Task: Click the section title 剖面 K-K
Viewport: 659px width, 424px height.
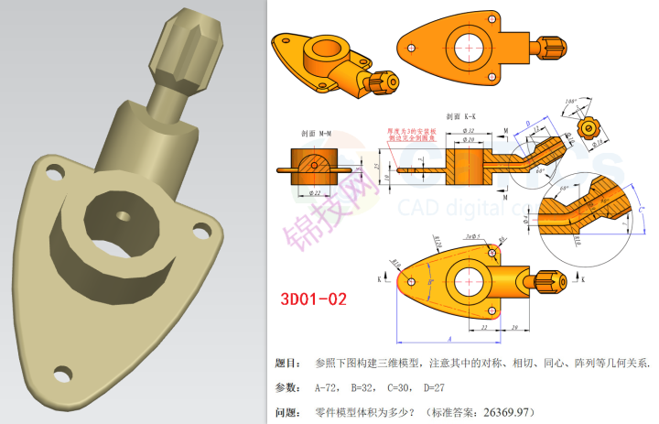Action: click(460, 117)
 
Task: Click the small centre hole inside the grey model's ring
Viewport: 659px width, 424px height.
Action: click(122, 213)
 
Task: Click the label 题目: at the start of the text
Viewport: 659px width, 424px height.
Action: click(287, 364)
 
